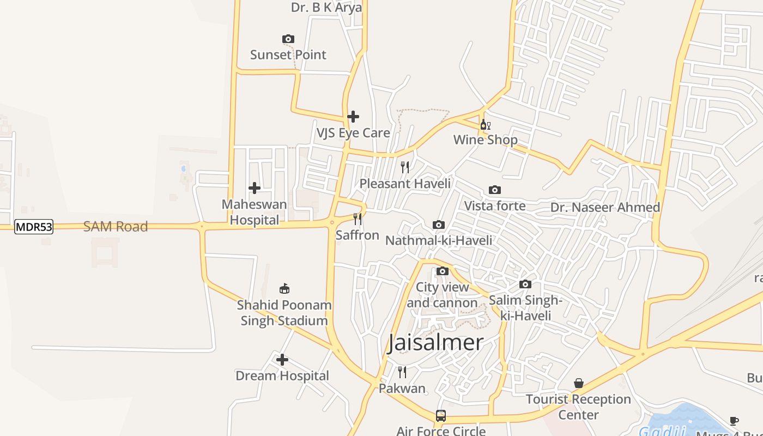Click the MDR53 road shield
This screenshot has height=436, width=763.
[34, 227]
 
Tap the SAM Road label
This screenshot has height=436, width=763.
[116, 227]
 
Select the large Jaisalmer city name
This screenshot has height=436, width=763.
[435, 343]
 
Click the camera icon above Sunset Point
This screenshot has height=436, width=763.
[288, 39]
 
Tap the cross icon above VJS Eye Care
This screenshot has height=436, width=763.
[353, 117]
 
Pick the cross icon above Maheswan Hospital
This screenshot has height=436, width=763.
[255, 189]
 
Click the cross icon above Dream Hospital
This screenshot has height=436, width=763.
[282, 360]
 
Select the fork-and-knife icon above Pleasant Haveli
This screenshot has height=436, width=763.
[405, 167]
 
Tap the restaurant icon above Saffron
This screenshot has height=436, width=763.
[358, 219]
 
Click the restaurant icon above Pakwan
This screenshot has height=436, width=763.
[402, 372]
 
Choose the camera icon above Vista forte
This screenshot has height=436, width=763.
[495, 190]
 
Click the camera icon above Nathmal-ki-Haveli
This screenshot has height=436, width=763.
[439, 225]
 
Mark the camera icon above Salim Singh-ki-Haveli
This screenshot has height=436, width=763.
[525, 284]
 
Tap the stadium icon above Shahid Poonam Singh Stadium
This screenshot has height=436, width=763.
[284, 289]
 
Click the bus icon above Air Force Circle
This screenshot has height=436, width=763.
[441, 416]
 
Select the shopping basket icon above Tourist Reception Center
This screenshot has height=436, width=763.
[579, 384]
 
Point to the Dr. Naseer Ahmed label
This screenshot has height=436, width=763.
[605, 208]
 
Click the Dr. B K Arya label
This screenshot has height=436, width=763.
[326, 8]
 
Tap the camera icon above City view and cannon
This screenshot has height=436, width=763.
[443, 271]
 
